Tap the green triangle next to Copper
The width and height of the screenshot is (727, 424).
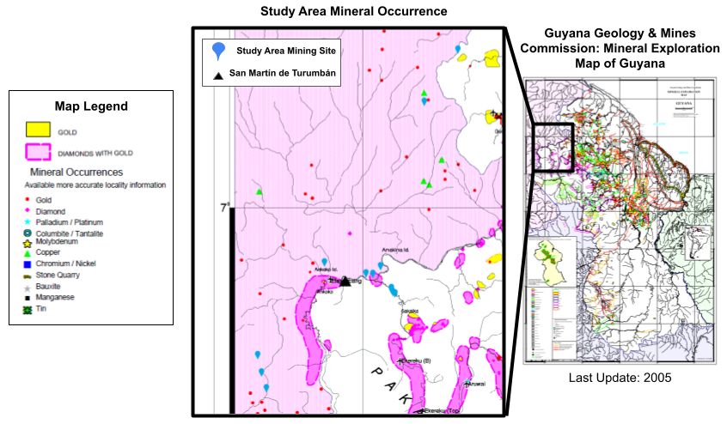(x=27, y=253)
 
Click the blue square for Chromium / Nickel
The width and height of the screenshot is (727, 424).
(x=27, y=264)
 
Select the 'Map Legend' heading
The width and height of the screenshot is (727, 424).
(x=91, y=106)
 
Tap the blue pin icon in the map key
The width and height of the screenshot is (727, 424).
(x=219, y=51)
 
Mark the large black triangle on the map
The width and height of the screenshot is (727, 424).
(x=345, y=281)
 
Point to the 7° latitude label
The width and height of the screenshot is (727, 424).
(x=225, y=208)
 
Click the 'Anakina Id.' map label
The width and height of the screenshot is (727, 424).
(x=397, y=251)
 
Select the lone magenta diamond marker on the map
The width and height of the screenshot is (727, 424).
(x=349, y=233)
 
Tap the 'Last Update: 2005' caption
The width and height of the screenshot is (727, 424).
(x=620, y=377)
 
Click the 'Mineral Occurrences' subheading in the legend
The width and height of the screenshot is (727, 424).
(x=78, y=172)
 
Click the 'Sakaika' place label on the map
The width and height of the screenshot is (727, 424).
(x=409, y=311)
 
